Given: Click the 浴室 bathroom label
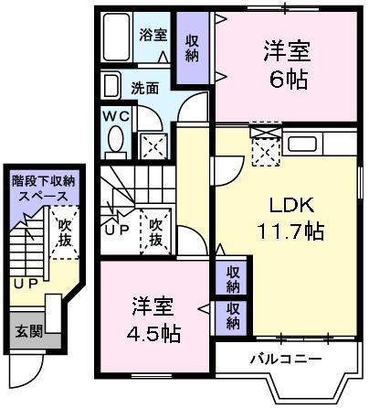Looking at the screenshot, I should [153, 36].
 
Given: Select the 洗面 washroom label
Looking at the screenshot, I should [142, 89].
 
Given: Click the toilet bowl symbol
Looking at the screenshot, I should [116, 142].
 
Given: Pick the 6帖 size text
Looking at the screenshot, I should [287, 79].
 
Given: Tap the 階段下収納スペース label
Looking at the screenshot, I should [38, 188].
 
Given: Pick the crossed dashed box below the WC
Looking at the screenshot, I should [153, 145].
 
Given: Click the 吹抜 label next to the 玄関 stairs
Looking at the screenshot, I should [63, 231].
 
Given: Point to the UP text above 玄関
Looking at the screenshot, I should [24, 285].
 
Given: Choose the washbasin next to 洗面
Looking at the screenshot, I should [111, 87].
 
